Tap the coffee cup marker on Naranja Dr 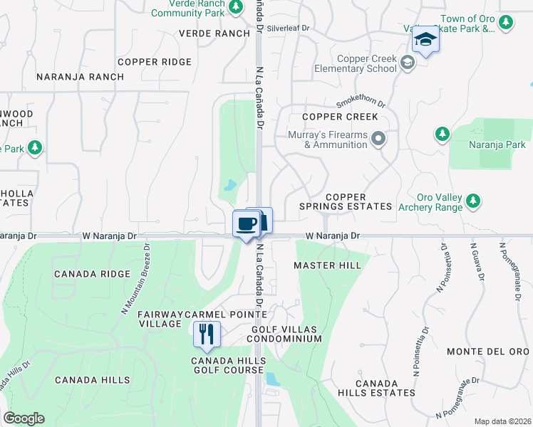[247, 224]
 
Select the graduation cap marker [425, 39]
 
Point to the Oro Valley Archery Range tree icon [472, 202]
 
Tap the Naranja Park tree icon [443, 134]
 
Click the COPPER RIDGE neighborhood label [155, 62]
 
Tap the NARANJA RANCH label [70, 76]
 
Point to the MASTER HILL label [328, 265]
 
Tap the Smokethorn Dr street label [361, 103]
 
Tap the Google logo [24, 418]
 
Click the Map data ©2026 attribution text [502, 421]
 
